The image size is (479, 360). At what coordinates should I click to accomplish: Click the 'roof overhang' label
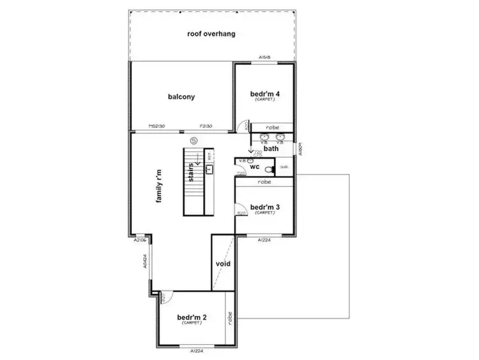(212, 33)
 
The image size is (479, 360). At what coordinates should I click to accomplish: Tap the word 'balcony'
(181, 97)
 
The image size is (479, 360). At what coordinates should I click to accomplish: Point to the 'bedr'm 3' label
(264, 207)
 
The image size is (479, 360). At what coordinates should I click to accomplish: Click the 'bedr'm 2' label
(192, 317)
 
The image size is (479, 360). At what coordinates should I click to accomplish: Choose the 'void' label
(223, 264)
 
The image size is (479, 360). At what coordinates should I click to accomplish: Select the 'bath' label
(271, 148)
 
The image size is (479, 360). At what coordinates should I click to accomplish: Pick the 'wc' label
(254, 166)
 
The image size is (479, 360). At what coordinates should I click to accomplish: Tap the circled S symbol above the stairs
(193, 140)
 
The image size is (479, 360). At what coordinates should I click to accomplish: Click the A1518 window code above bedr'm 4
(266, 58)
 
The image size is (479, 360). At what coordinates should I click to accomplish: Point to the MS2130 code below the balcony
(157, 126)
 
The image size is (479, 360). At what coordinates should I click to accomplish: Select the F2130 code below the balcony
(206, 126)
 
